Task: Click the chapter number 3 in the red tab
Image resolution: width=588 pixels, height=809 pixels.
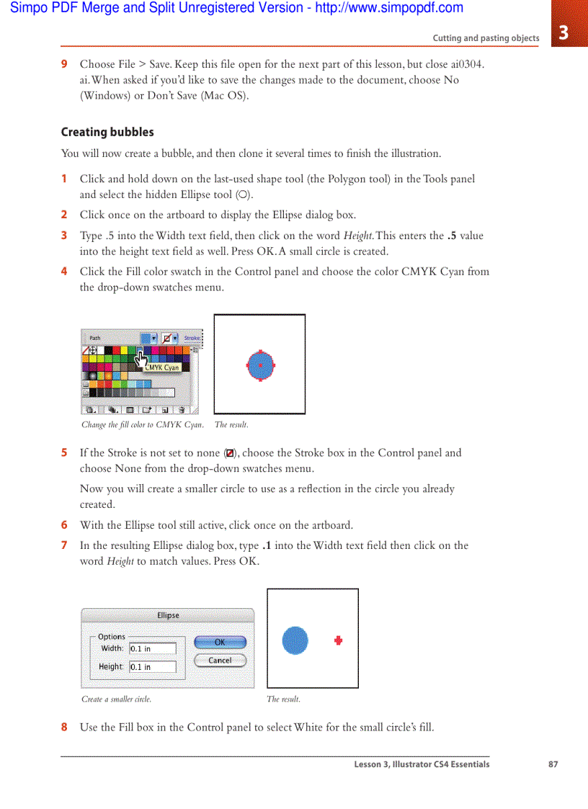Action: (x=563, y=32)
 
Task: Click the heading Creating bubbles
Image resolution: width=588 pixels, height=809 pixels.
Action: (x=107, y=132)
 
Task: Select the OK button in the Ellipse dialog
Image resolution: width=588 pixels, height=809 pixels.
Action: (x=220, y=642)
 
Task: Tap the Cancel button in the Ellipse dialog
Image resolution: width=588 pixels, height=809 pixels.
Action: (x=220, y=660)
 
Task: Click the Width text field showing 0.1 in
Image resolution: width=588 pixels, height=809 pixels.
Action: (x=152, y=648)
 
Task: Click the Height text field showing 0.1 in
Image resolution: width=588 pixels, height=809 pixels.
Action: (x=152, y=667)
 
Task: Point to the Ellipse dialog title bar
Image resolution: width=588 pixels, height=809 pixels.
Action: (x=168, y=615)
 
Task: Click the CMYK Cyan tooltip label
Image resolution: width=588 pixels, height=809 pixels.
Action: (x=162, y=367)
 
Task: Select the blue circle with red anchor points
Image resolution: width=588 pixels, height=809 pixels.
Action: (x=260, y=365)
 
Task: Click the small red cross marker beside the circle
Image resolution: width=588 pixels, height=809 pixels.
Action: (x=338, y=640)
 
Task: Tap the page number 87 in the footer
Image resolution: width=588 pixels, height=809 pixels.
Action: (x=553, y=764)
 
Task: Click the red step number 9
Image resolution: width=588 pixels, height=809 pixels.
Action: (x=64, y=64)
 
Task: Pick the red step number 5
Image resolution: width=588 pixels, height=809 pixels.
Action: (x=64, y=453)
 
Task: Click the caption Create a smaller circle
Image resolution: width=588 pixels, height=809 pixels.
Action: (x=117, y=699)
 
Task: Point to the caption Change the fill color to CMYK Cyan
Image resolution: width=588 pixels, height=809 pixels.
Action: (x=142, y=425)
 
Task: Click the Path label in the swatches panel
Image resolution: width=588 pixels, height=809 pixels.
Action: (x=95, y=338)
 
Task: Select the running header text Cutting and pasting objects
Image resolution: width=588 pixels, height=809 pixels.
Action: (x=485, y=38)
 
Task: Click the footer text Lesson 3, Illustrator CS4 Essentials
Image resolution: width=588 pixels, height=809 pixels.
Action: (x=422, y=764)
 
